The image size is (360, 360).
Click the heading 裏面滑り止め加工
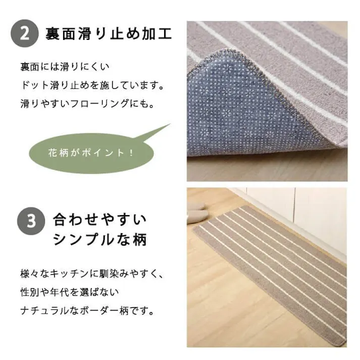(109, 34)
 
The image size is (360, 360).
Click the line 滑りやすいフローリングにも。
(86, 104)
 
